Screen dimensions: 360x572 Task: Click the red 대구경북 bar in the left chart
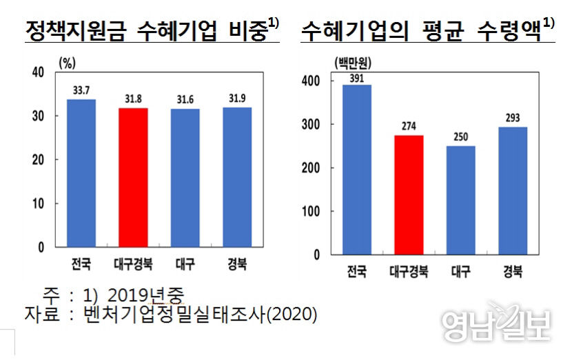134,177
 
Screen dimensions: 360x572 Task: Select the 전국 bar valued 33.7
81,173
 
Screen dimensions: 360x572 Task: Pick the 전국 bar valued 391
357,169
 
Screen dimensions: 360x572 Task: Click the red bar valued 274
409,194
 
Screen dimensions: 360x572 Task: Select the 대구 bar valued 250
461,200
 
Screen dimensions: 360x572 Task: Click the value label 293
513,118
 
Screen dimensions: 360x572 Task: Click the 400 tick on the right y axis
311,81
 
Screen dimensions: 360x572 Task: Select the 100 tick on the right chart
311,211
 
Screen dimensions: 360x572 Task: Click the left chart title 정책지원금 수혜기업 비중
147,30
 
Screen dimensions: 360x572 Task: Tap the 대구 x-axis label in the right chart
461,271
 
